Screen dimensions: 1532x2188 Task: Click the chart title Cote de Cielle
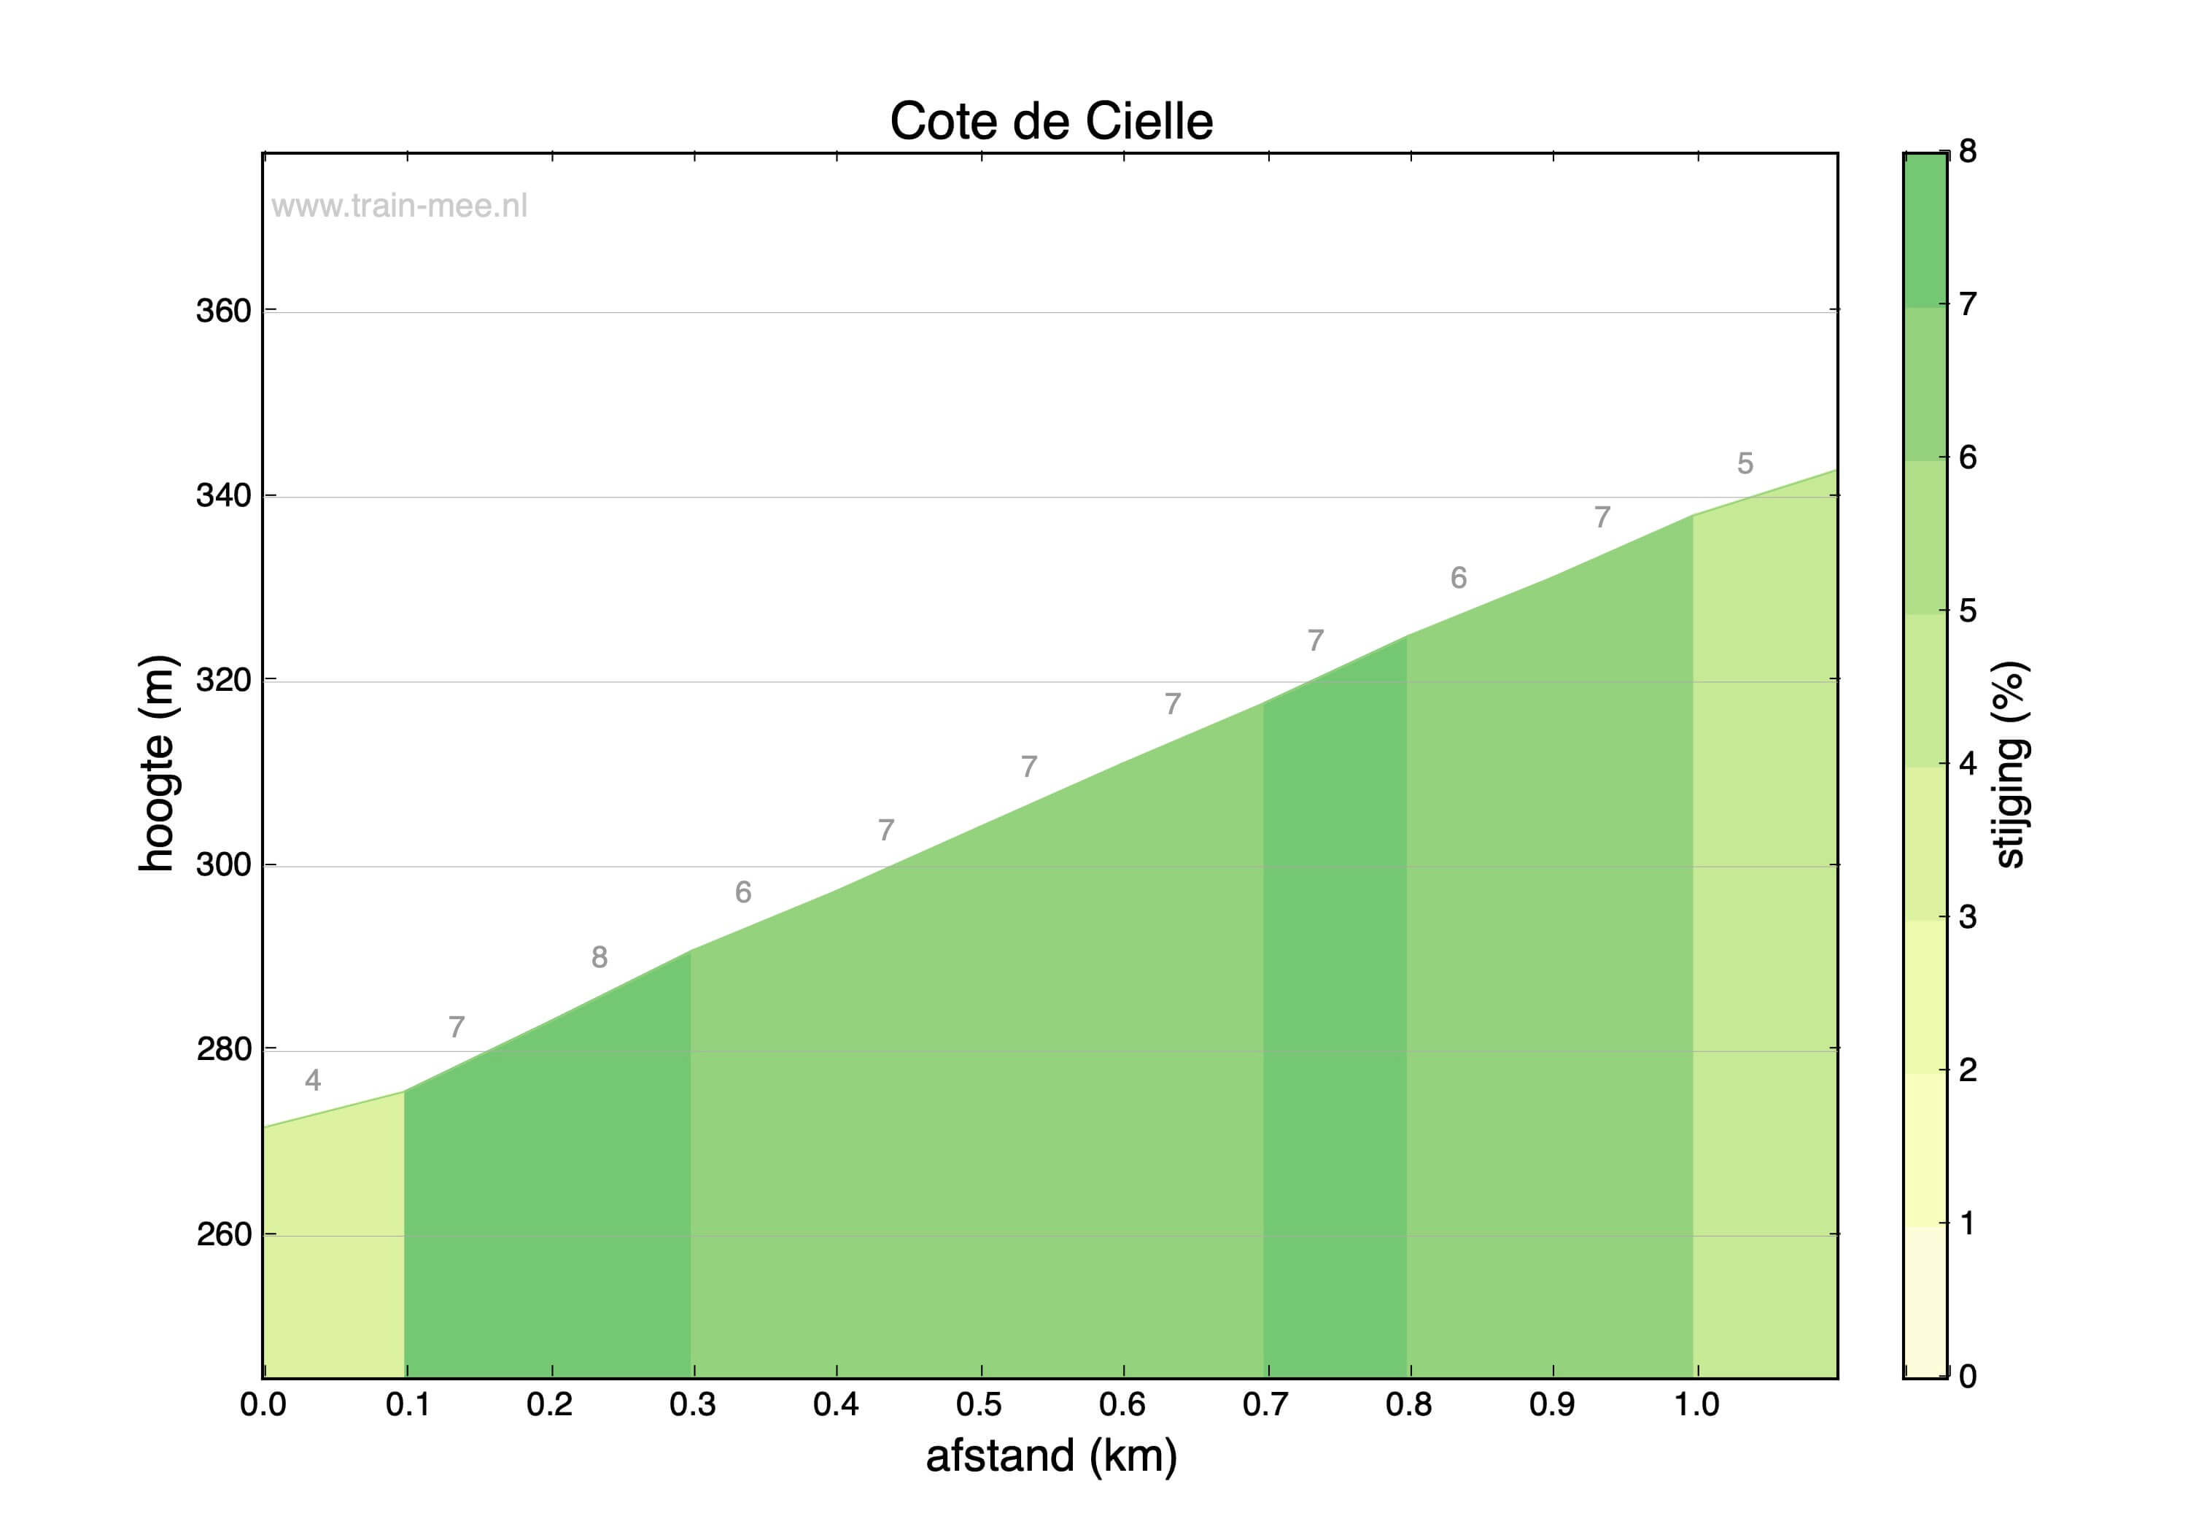[x=1050, y=122]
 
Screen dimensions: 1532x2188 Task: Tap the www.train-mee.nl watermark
[x=398, y=206]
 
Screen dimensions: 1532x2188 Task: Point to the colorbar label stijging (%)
[x=2011, y=764]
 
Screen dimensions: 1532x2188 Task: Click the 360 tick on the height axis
[x=224, y=311]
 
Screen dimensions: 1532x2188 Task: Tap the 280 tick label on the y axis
[x=224, y=1050]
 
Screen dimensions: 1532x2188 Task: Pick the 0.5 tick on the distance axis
[x=979, y=1404]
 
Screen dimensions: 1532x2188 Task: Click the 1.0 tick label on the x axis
[x=1696, y=1404]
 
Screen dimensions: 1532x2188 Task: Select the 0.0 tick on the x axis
[x=263, y=1404]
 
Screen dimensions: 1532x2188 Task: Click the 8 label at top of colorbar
[x=1968, y=152]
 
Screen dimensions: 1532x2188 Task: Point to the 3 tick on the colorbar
[x=1968, y=917]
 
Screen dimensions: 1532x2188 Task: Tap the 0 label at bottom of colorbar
[x=1968, y=1376]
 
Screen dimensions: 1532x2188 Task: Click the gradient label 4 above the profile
[x=313, y=1080]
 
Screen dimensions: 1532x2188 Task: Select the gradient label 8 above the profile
[x=599, y=957]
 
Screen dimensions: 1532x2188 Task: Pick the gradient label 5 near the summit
[x=1745, y=463]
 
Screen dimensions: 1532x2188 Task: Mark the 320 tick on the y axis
[x=224, y=681]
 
